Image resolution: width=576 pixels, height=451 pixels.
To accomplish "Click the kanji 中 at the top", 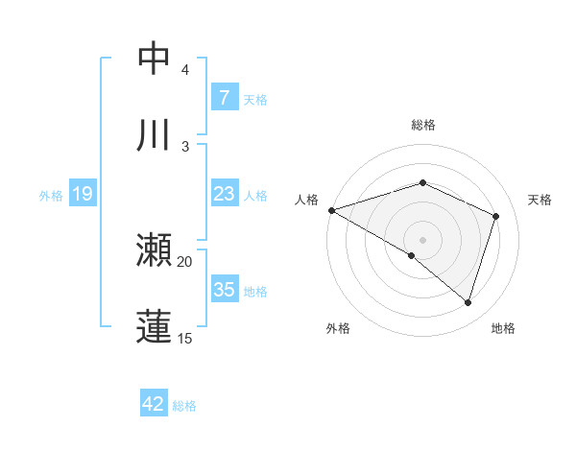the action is pos(154,59).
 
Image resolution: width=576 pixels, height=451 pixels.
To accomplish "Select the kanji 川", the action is pos(154,135).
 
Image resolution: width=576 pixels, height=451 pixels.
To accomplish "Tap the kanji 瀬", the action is pos(154,250).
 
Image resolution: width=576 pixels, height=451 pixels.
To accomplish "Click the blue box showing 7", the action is pos(224,98).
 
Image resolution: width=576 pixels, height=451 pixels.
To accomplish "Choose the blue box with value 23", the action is pos(224,194).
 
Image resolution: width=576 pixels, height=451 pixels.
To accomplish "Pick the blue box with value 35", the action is pos(224,290).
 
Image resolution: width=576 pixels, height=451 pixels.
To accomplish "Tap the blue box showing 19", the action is pos(83,195).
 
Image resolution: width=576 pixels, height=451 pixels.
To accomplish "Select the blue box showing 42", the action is pos(154,404).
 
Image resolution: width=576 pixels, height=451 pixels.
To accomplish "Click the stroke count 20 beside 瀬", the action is pos(185,261).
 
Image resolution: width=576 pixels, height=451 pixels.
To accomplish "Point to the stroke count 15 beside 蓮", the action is pos(185,338).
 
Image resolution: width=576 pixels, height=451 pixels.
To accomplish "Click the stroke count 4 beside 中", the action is pos(185,70).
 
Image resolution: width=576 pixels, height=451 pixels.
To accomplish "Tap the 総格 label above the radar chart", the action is pos(422,125).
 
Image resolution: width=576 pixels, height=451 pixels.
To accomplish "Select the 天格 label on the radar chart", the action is pos(540,200).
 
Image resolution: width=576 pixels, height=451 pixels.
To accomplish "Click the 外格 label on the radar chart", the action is pos(338,328).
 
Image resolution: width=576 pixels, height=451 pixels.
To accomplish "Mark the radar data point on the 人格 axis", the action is pos(331,209).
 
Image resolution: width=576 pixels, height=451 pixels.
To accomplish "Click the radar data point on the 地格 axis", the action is pos(468,302).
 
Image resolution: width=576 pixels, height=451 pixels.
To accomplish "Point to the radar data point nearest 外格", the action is pos(412,255).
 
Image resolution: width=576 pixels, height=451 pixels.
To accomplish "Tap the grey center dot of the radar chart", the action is pos(422,239).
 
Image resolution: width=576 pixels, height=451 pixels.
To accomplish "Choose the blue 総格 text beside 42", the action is pos(184,405).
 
